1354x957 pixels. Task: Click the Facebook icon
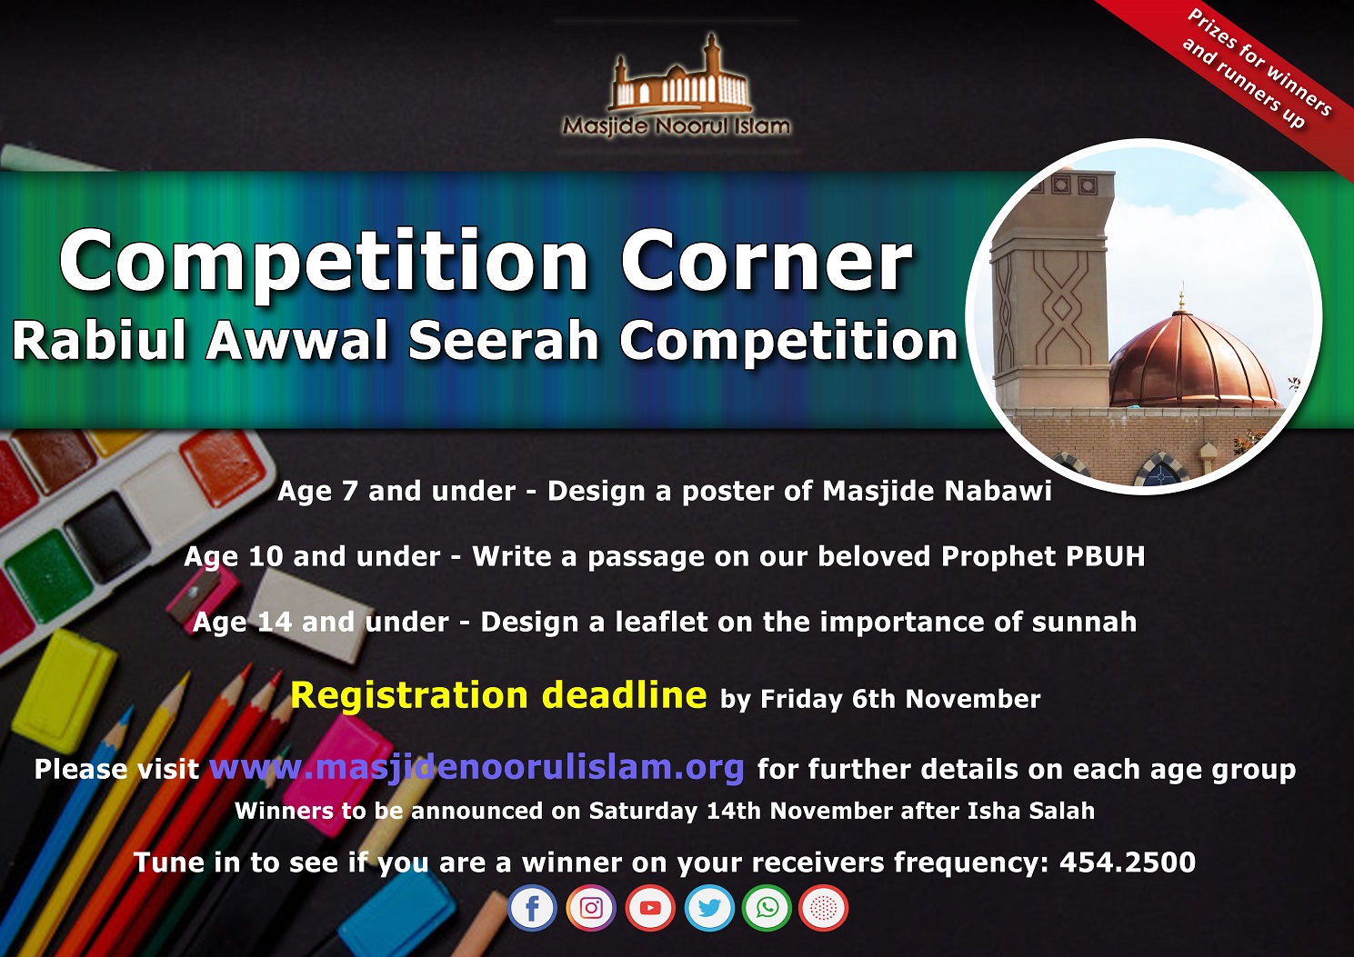[532, 907]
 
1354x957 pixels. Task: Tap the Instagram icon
[591, 907]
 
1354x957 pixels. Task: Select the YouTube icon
[650, 907]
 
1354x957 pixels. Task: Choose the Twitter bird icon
[709, 907]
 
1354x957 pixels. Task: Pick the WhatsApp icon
[767, 907]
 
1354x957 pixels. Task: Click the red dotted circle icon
[823, 907]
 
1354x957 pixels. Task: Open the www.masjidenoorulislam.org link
[476, 768]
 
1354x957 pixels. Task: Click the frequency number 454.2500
[1128, 862]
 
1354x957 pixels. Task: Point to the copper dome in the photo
[1194, 360]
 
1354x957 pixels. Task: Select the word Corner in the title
[767, 261]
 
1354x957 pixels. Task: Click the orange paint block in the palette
[223, 467]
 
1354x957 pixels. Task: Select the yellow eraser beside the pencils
[64, 690]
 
